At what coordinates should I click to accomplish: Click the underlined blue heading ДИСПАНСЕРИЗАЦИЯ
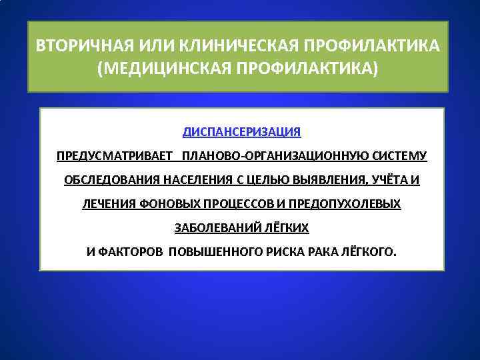(242, 131)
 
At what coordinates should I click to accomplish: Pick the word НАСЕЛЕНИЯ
(187, 180)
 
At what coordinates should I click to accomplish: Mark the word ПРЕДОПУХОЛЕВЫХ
(345, 203)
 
